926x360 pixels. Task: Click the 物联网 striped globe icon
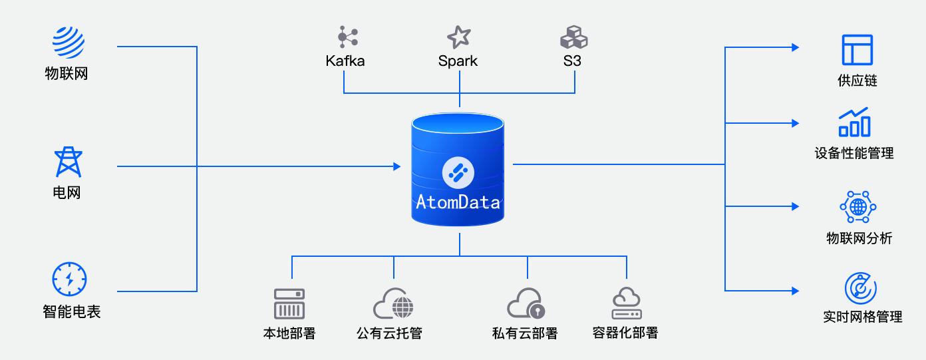69,42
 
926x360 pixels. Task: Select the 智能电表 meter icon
69,279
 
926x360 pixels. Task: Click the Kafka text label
345,61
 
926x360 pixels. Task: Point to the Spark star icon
458,37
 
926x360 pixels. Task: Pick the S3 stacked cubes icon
573,37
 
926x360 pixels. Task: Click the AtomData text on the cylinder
458,202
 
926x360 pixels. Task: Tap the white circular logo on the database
458,173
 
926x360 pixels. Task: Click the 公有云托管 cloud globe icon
393,303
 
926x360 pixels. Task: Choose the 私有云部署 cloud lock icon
526,303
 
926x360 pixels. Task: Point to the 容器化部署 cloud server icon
626,303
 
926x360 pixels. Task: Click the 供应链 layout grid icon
857,49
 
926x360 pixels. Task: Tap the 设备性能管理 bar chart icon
854,122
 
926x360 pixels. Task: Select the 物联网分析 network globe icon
858,207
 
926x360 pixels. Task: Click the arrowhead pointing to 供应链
795,47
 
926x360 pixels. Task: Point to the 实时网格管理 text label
862,317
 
